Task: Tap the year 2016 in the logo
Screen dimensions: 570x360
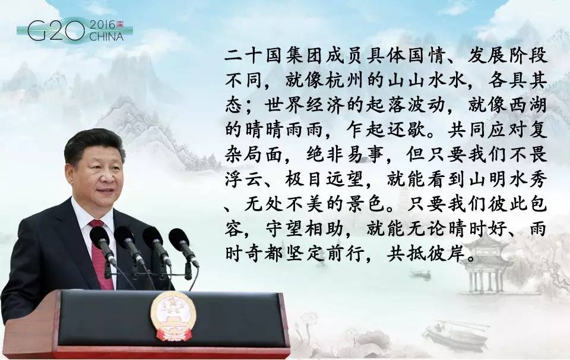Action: coord(102,25)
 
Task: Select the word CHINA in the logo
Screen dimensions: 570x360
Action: coord(106,37)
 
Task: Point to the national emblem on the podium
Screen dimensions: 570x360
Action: coord(173,315)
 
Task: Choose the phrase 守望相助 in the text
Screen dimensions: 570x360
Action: coord(305,229)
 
